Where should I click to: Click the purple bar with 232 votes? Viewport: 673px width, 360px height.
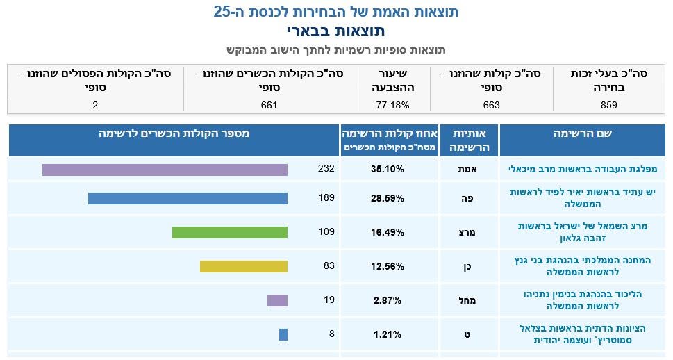pyautogui.click(x=165, y=170)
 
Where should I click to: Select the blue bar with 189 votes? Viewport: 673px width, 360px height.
pyautogui.click(x=188, y=198)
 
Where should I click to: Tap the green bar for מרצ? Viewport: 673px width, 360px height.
pyautogui.click(x=230, y=232)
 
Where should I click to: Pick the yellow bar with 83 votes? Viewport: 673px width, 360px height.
pyautogui.click(x=244, y=266)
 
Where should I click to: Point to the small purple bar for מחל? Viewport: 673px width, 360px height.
pyautogui.click(x=277, y=300)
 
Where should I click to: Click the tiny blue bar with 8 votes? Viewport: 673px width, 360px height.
pyautogui.click(x=283, y=334)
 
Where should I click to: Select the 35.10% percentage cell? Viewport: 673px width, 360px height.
pyautogui.click(x=388, y=170)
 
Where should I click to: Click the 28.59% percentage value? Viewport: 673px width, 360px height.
pyautogui.click(x=388, y=199)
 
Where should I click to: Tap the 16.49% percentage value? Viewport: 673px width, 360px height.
pyautogui.click(x=388, y=232)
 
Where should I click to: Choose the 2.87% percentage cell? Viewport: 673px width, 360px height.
pyautogui.click(x=388, y=300)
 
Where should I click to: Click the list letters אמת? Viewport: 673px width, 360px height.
pyautogui.click(x=467, y=170)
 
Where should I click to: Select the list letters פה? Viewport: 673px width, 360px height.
pyautogui.click(x=467, y=199)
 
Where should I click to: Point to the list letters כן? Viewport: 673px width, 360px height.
pyautogui.click(x=467, y=267)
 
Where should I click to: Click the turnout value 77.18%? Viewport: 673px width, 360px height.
pyautogui.click(x=392, y=105)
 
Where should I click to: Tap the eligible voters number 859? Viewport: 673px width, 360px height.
pyautogui.click(x=609, y=105)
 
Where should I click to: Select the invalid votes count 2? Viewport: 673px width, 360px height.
pyautogui.click(x=95, y=105)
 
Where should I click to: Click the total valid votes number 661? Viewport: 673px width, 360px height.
pyautogui.click(x=269, y=105)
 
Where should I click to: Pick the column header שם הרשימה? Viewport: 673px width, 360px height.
pyautogui.click(x=583, y=133)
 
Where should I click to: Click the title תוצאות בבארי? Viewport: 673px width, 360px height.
pyautogui.click(x=336, y=31)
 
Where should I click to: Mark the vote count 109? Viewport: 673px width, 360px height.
pyautogui.click(x=326, y=231)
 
